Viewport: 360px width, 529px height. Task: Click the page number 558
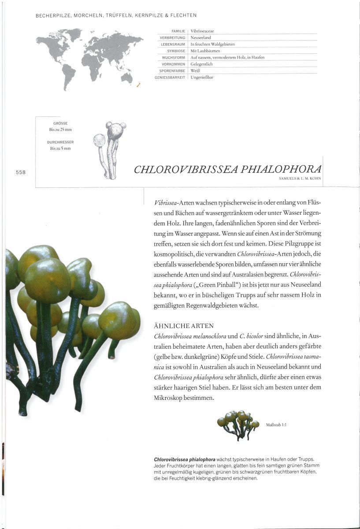[x=20, y=172]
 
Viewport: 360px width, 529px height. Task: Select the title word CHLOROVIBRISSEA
[x=187, y=170]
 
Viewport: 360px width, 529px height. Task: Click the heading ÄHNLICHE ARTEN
[x=184, y=326]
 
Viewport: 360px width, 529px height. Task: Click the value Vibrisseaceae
[x=202, y=31]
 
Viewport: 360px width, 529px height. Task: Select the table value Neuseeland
[x=200, y=38]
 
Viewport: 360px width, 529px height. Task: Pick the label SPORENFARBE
[x=172, y=71]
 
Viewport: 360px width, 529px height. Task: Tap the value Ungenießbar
[x=202, y=77]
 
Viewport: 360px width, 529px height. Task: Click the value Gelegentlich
[x=201, y=64]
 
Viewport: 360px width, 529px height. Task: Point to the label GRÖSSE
[x=60, y=123]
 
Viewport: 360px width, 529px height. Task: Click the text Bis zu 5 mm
[x=60, y=149]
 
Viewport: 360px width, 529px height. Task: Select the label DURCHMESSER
[x=60, y=142]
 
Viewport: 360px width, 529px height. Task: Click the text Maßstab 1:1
[x=277, y=425]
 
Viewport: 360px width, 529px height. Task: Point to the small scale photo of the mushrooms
[x=238, y=424]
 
